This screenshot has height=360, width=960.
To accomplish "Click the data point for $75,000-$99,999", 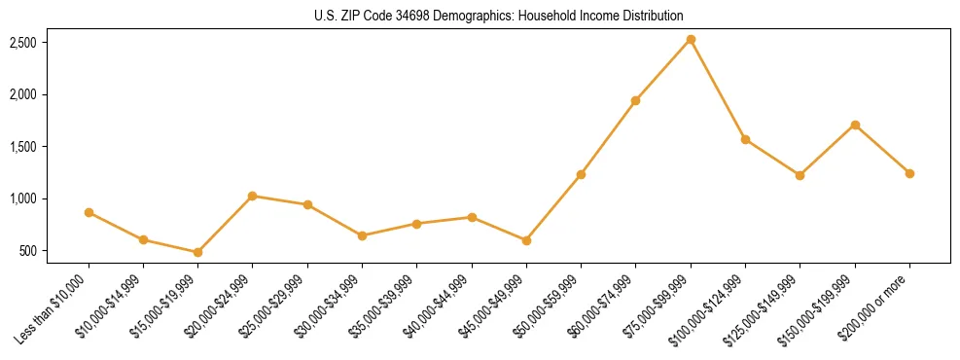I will [691, 40].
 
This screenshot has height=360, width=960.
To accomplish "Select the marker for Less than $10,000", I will [89, 212].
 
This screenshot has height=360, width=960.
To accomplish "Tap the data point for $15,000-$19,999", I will [197, 252].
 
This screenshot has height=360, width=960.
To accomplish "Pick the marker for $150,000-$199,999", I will [855, 125].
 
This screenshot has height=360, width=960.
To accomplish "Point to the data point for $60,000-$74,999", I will [635, 100].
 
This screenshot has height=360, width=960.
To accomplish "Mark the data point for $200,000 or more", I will [909, 173].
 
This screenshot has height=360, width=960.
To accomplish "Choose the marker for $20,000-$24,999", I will [253, 196].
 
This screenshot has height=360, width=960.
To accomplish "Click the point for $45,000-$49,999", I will [526, 240].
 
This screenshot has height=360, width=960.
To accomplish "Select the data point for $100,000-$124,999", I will [745, 139].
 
